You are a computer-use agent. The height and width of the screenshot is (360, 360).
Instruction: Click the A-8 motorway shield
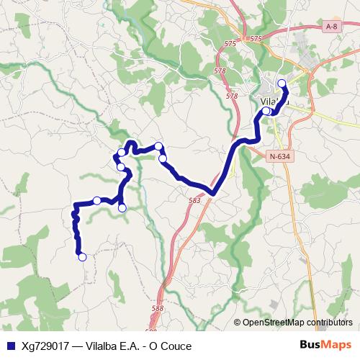(330, 27)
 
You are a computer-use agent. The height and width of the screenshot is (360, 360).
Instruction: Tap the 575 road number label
(253, 38)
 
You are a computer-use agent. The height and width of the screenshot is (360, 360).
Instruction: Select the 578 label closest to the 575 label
(220, 71)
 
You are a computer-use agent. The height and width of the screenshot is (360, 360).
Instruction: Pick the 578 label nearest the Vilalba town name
(231, 95)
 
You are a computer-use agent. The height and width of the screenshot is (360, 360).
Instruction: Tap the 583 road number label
(194, 201)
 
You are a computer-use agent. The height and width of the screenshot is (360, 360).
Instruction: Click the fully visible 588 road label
(158, 309)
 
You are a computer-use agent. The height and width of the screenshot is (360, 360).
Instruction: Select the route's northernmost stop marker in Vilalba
(282, 84)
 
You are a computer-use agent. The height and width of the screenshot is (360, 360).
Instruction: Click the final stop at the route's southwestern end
(82, 256)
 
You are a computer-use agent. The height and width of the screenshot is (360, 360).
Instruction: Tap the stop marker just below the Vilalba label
(266, 112)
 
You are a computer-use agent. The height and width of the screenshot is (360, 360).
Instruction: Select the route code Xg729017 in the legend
(45, 346)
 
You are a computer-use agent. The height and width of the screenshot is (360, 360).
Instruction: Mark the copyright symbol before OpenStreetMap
(237, 323)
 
